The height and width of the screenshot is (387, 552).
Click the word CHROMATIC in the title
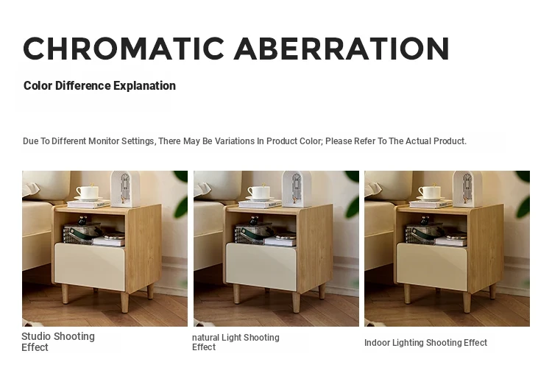(124, 49)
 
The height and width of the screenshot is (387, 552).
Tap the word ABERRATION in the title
(342, 49)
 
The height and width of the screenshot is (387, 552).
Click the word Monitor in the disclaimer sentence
(104, 141)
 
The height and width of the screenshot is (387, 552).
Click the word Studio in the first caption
(36, 336)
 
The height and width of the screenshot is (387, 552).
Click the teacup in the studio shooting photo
(87, 193)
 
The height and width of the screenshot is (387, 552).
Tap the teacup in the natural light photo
(258, 193)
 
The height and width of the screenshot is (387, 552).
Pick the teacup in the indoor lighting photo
(429, 193)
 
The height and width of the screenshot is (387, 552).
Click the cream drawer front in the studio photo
(90, 266)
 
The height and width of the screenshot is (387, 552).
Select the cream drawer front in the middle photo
(261, 266)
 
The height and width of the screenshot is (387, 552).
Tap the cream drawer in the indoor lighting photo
(432, 266)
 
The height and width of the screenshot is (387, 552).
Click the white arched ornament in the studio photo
(126, 189)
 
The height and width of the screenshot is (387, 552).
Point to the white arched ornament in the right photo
(467, 189)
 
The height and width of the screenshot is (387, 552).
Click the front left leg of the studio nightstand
(65, 294)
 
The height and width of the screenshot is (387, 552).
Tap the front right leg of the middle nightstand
(297, 302)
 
